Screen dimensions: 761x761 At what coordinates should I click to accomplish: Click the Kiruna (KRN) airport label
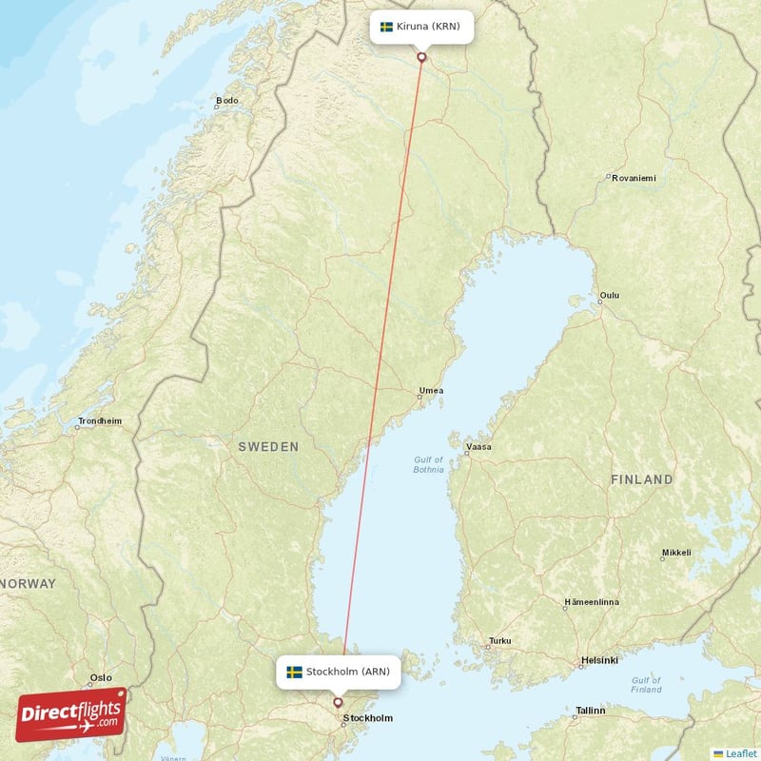click(420, 27)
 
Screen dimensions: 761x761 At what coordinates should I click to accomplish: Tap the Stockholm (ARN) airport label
click(338, 672)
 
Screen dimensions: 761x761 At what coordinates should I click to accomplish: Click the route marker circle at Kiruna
click(421, 57)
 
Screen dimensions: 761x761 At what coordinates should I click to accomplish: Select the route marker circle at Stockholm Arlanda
click(338, 703)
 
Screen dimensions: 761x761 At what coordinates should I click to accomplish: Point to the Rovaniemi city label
click(634, 178)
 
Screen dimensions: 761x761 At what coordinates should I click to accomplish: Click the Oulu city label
click(609, 296)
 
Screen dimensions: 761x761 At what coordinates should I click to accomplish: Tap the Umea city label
click(431, 390)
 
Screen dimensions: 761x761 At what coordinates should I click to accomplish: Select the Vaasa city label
click(478, 446)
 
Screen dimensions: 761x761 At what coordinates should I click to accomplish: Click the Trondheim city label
click(100, 420)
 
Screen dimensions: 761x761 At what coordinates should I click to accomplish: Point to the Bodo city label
click(227, 100)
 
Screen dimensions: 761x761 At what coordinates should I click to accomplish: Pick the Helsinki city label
click(599, 660)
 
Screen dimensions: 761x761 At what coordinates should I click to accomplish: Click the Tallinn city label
click(590, 711)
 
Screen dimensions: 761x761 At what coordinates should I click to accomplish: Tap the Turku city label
click(499, 641)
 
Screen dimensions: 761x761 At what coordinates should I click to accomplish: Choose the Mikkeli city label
click(676, 553)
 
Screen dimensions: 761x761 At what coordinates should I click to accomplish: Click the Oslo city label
click(100, 678)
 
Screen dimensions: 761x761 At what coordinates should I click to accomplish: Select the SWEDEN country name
click(268, 446)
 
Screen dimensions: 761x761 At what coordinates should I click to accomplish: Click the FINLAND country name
click(641, 479)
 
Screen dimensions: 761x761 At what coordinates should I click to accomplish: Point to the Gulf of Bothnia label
click(428, 464)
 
